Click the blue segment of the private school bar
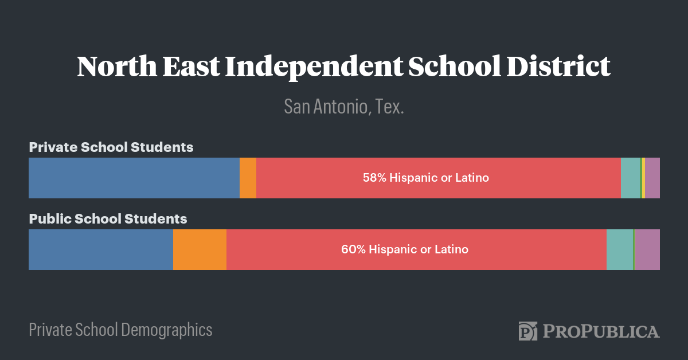pos(134,178)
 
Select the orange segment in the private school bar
pos(248,178)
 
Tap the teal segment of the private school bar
pos(630,178)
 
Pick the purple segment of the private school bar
pos(652,178)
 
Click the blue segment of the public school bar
pos(101,249)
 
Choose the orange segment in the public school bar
pos(200,249)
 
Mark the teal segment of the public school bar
pos(619,249)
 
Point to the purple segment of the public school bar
pos(647,249)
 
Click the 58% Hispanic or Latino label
pos(425,178)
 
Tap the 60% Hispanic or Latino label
pos(405,249)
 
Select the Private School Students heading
pos(111,147)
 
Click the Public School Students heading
pos(108,218)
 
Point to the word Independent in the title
pos(313,67)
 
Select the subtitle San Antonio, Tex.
pos(344,107)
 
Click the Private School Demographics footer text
pos(120,330)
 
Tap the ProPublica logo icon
pos(527,331)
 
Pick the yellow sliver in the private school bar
pos(644,178)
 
